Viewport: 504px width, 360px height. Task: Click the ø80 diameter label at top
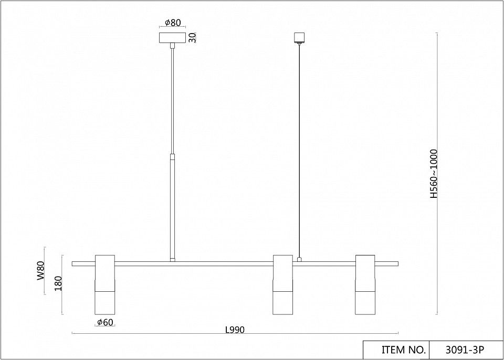coord(173,23)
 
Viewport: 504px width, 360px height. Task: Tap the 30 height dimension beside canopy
coord(192,38)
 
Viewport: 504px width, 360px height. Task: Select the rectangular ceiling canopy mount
coord(173,38)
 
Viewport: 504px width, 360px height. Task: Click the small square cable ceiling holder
coord(299,37)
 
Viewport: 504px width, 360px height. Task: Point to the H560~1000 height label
coord(434,174)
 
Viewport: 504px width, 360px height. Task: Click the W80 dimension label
coord(40,271)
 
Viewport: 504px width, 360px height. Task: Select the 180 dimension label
coord(58,283)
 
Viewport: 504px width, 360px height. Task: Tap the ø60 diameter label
coord(105,322)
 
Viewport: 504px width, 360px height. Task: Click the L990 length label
coord(235,330)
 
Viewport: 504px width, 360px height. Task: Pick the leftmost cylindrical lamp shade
coord(105,285)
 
